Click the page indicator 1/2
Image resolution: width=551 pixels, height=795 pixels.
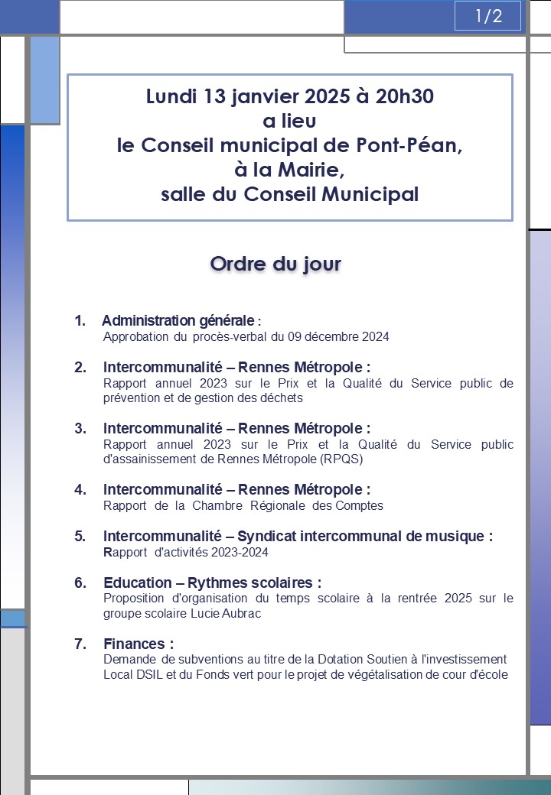[487, 16]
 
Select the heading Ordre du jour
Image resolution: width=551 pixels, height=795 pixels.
[275, 264]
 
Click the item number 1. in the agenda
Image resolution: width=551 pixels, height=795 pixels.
[80, 321]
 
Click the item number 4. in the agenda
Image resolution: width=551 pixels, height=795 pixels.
[80, 489]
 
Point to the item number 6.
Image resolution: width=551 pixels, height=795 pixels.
[80, 583]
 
